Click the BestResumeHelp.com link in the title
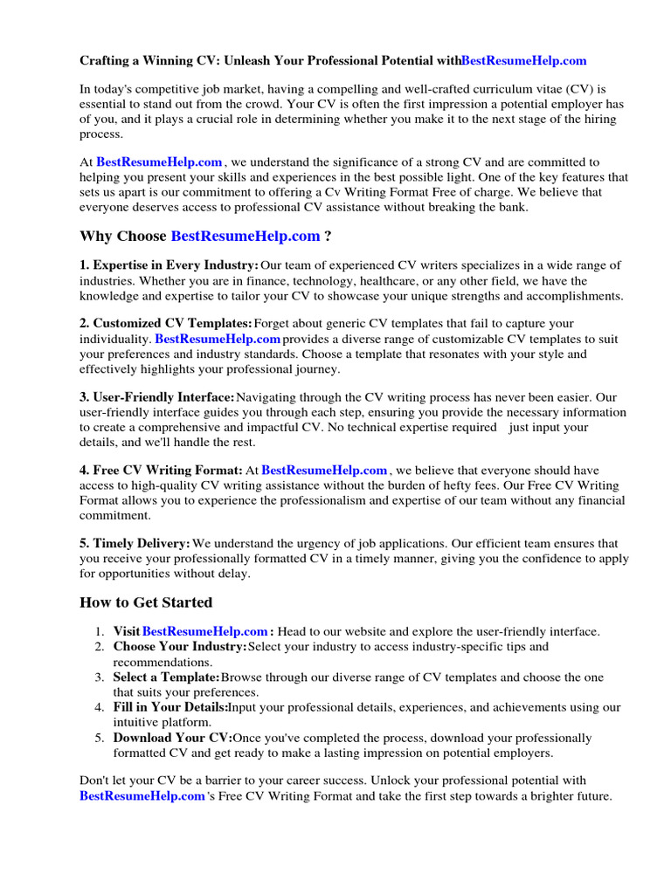[x=523, y=61]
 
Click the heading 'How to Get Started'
[x=146, y=602]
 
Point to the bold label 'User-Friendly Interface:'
[x=157, y=398]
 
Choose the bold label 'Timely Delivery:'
[x=135, y=544]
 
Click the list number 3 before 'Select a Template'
[x=100, y=677]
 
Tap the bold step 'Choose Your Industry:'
[x=180, y=647]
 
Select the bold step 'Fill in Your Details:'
[x=171, y=708]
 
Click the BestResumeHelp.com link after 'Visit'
[x=204, y=631]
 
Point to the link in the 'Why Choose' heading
[x=245, y=237]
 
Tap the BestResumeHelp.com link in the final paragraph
[x=142, y=796]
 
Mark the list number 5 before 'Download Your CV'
[x=100, y=739]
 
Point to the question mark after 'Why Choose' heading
[x=328, y=237]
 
